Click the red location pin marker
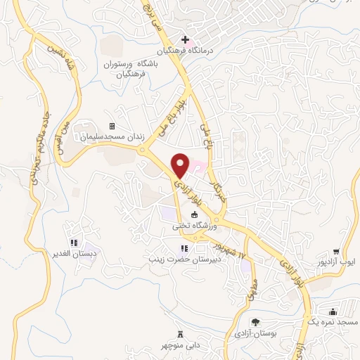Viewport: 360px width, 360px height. [x=181, y=165]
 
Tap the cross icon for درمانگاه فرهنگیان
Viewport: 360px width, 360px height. [x=185, y=39]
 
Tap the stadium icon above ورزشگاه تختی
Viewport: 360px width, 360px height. [x=195, y=216]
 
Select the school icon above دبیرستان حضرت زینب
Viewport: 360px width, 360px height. [x=184, y=247]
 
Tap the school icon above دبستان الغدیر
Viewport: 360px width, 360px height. [x=74, y=243]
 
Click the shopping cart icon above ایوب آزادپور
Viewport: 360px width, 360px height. [x=337, y=251]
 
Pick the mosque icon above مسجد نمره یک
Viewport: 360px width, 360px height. [x=333, y=309]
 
